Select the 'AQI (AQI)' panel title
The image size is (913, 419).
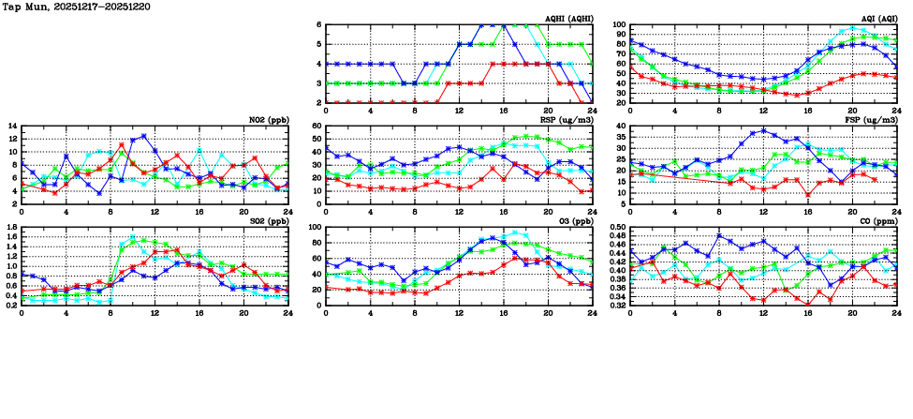pos(876,19)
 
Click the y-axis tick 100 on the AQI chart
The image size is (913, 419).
pos(619,25)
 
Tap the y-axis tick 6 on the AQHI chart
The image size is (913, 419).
pos(319,25)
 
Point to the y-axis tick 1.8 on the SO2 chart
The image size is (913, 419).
pos(10,228)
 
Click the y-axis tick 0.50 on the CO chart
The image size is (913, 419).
pos(616,228)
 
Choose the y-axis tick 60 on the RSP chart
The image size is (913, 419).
pos(317,127)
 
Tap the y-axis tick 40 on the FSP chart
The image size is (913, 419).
pos(621,127)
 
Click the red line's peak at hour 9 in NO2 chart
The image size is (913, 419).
pos(122,145)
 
